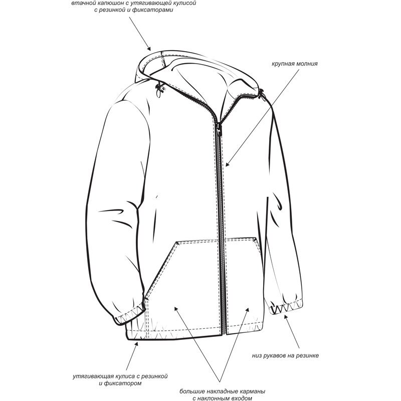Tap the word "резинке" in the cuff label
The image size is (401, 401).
point(307,356)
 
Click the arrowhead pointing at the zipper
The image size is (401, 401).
point(227,164)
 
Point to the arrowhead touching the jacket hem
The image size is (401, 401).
point(136,343)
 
